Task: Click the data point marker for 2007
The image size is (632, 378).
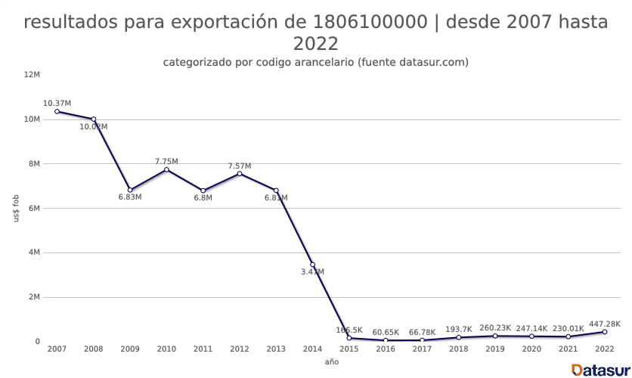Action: point(57,111)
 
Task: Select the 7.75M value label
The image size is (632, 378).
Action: point(166,161)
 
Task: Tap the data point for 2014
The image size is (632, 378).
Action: point(312,265)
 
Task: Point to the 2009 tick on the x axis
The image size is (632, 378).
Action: point(130,349)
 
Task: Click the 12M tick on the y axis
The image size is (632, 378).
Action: point(32,75)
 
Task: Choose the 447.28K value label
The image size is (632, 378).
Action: point(604,324)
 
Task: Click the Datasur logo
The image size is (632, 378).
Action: point(600,370)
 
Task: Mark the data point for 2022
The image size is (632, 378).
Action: point(604,332)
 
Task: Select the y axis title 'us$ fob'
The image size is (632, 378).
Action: point(17,208)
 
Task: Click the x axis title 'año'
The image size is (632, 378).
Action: point(331,362)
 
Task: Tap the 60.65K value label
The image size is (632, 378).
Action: point(386,332)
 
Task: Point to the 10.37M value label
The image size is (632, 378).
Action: point(57,103)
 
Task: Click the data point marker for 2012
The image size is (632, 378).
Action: point(240,174)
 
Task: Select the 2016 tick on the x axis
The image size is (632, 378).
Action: point(386,349)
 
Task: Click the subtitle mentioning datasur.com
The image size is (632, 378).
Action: point(316,62)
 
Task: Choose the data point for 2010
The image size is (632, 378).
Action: point(166,169)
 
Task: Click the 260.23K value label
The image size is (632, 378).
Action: point(495,327)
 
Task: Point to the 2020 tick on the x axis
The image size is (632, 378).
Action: point(531,349)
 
